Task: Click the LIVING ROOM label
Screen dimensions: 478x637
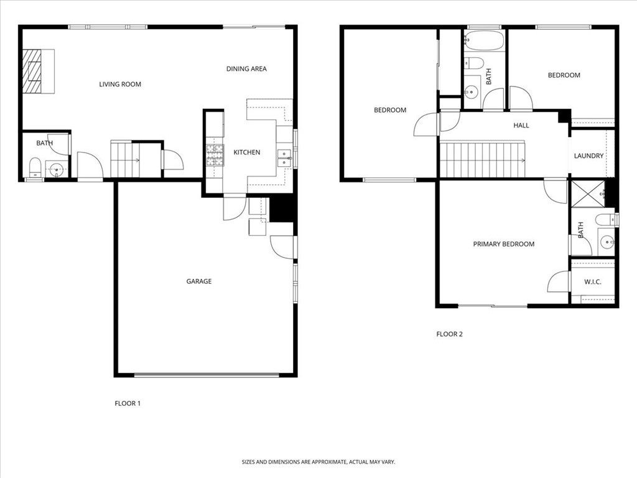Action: coord(120,85)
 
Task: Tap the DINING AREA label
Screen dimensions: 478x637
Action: coord(246,69)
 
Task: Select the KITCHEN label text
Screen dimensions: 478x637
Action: coord(247,152)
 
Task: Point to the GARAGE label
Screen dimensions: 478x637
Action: coord(199,281)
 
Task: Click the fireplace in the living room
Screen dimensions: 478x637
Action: coord(32,71)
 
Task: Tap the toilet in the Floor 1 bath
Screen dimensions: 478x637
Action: coord(35,167)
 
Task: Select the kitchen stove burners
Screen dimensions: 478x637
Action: coord(215,155)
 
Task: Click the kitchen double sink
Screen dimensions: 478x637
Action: coord(284,157)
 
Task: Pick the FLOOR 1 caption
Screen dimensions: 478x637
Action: coord(128,403)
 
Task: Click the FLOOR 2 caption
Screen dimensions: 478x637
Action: coord(449,334)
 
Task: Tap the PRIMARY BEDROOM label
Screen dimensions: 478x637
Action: coord(504,244)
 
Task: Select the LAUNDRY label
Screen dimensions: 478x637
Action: coord(588,156)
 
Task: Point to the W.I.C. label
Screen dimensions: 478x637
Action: coord(593,282)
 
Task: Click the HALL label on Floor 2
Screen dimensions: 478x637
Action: coord(521,125)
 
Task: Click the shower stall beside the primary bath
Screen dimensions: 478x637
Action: coord(587,193)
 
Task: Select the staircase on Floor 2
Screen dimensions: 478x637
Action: coord(483,160)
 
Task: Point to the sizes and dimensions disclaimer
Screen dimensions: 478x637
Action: coord(318,462)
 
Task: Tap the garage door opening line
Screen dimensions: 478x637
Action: coord(207,375)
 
